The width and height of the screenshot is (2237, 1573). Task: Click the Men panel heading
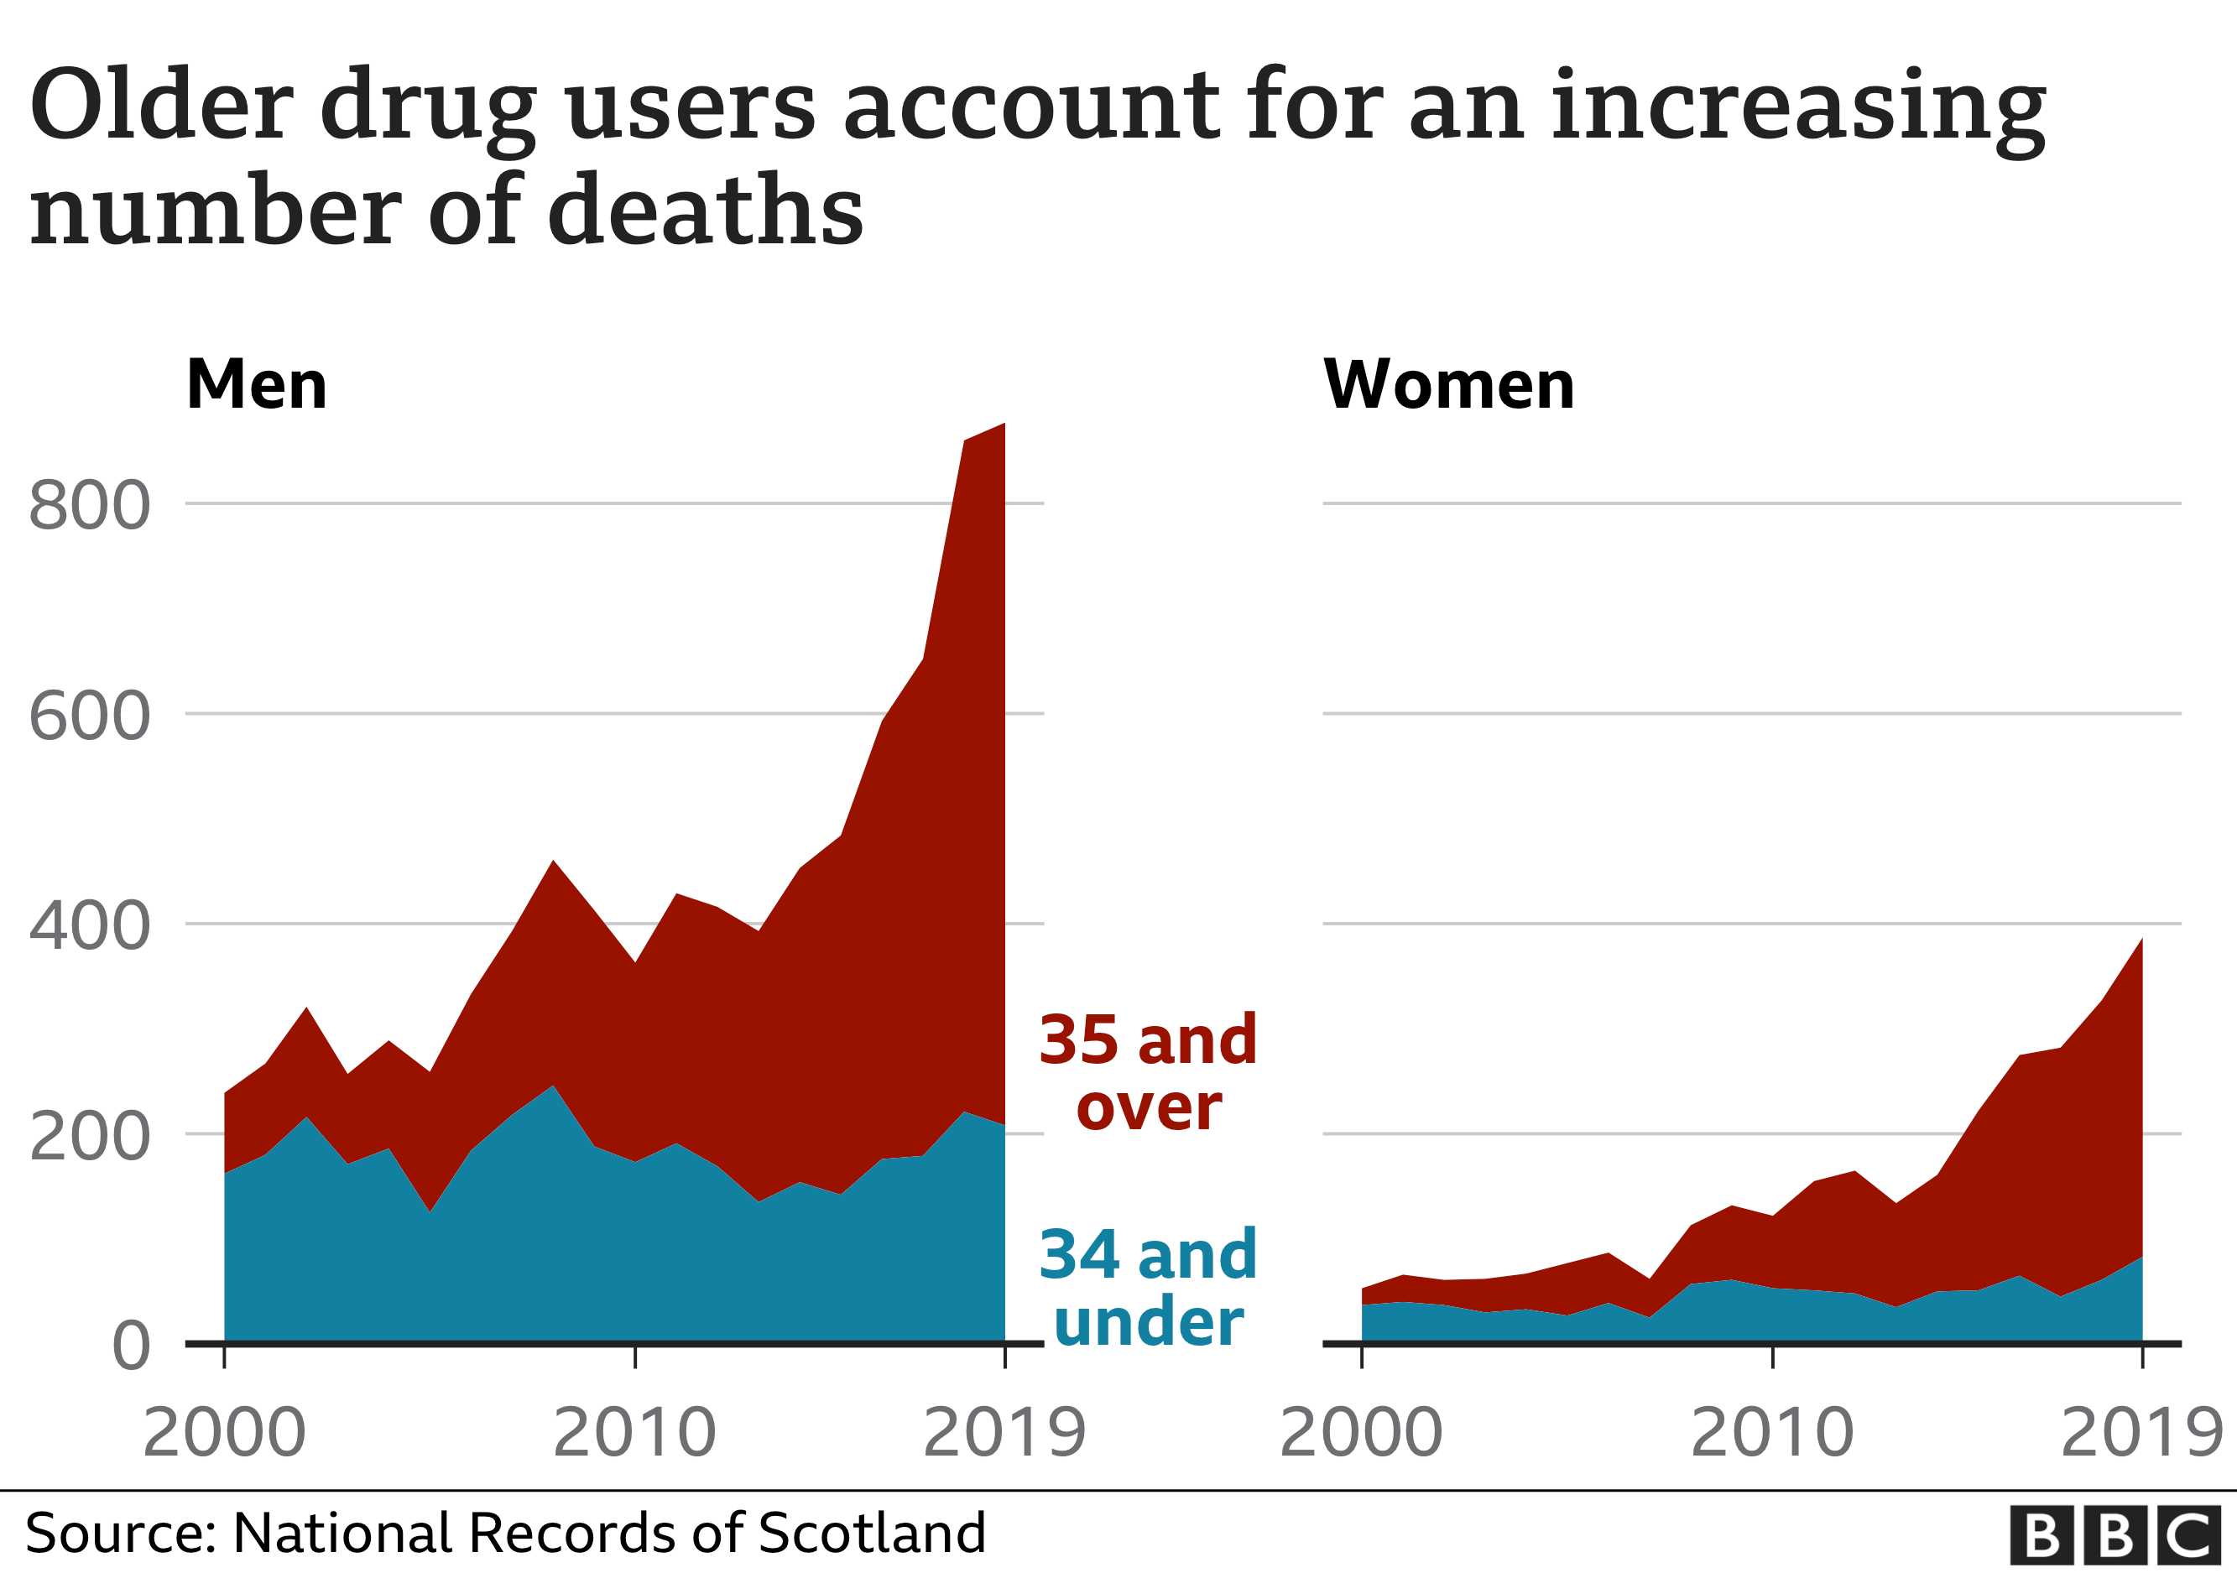pyautogui.click(x=256, y=386)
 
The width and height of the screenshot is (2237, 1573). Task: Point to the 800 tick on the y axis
pyautogui.click(x=90, y=506)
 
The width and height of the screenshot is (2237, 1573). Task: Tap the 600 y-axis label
pyautogui.click(x=90, y=716)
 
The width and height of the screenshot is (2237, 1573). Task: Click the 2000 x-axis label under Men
pyautogui.click(x=224, y=1433)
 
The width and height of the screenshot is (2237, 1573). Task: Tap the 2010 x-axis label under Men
pyautogui.click(x=634, y=1433)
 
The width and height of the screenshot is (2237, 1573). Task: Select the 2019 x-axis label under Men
pyautogui.click(x=1004, y=1433)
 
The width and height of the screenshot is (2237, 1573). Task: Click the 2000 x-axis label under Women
pyautogui.click(x=1360, y=1433)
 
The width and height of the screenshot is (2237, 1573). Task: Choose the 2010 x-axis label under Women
pyautogui.click(x=1771, y=1433)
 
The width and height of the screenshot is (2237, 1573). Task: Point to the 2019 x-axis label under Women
pyautogui.click(x=2141, y=1433)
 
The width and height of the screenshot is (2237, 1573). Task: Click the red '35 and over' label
pyautogui.click(x=1148, y=1072)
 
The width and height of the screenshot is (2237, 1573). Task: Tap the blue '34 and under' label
pyautogui.click(x=1148, y=1288)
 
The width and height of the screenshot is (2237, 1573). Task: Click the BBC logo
pyautogui.click(x=2114, y=1535)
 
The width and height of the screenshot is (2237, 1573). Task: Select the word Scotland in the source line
pyautogui.click(x=871, y=1533)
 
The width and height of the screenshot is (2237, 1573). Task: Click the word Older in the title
pyautogui.click(x=161, y=105)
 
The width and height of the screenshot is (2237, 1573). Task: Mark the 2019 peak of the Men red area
pyautogui.click(x=1004, y=425)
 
